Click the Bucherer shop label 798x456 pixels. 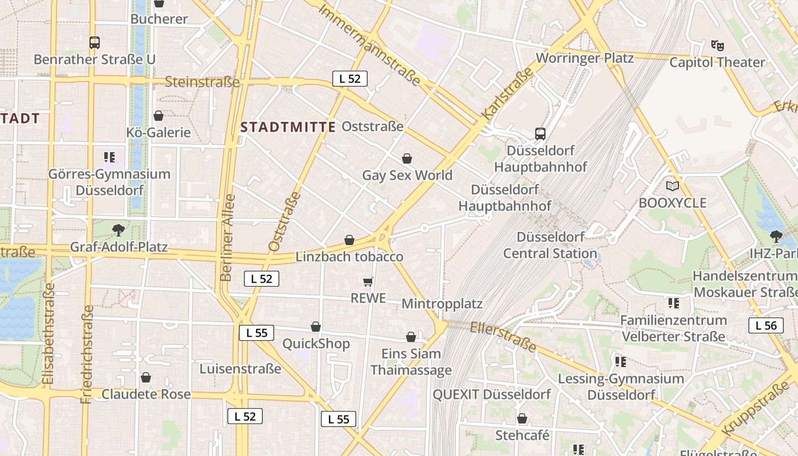(159, 19)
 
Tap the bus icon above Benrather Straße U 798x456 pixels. (95, 42)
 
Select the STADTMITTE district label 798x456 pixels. (288, 127)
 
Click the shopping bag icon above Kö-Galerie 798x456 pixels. (158, 116)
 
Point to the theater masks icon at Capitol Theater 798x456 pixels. (717, 45)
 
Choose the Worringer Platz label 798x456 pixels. (585, 58)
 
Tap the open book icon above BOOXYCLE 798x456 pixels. (673, 186)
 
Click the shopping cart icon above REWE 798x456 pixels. (368, 282)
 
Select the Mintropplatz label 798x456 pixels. (442, 304)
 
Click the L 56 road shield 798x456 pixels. (766, 325)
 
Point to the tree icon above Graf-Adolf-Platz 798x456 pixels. (119, 230)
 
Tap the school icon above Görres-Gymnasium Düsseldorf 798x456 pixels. (109, 157)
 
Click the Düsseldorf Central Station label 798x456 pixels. (549, 245)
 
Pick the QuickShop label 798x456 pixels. (316, 344)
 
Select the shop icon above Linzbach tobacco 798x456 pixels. (349, 241)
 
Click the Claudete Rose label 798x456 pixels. (146, 394)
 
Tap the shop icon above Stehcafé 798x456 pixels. (522, 419)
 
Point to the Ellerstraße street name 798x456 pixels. (503, 336)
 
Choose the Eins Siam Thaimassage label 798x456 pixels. (411, 362)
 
